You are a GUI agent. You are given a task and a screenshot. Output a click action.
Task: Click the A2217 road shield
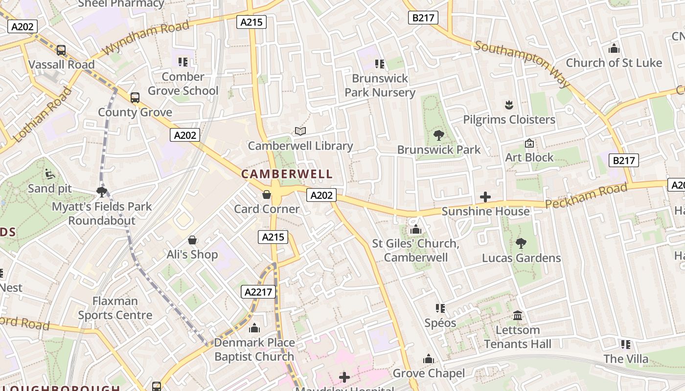tap(259, 292)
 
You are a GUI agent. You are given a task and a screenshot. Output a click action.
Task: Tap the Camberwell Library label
tap(300, 146)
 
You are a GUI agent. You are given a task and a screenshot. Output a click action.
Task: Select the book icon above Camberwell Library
tap(300, 131)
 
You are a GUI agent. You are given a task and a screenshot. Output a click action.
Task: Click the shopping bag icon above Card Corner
tap(267, 195)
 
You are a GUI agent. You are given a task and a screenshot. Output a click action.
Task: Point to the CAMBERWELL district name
tap(287, 174)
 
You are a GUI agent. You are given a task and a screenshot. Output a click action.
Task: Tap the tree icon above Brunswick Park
tap(439, 135)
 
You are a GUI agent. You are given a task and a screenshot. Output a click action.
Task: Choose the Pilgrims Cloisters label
tap(509, 120)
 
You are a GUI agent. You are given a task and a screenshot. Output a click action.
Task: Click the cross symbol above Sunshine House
tap(485, 197)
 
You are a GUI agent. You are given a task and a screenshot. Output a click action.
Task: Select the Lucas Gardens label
tap(522, 258)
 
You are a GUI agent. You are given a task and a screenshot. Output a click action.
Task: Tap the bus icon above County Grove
tap(135, 98)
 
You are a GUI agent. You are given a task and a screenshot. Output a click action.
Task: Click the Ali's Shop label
tap(192, 254)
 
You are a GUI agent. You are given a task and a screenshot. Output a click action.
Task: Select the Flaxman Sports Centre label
tap(115, 308)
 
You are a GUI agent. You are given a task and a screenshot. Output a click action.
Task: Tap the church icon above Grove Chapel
tap(429, 359)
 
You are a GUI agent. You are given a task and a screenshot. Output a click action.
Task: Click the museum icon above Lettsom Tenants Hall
tap(518, 316)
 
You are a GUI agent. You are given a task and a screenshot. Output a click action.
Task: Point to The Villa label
tap(626, 359)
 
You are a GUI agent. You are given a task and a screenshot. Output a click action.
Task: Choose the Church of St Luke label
tap(614, 63)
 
